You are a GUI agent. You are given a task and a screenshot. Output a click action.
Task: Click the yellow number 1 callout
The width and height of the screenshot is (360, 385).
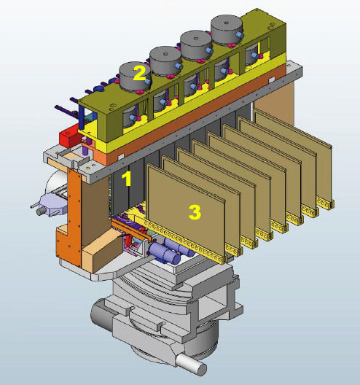pyautogui.click(x=128, y=179)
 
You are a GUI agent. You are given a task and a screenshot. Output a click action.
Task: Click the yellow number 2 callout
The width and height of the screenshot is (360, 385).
pyautogui.click(x=139, y=73)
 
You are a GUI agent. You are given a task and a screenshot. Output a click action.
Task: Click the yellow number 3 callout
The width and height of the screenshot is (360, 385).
pyautogui.click(x=195, y=212)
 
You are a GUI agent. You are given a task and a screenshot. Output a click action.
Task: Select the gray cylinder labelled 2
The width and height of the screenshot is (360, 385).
pyautogui.click(x=135, y=77)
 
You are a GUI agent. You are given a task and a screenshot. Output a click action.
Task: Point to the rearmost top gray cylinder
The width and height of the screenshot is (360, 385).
pyautogui.click(x=227, y=30)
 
